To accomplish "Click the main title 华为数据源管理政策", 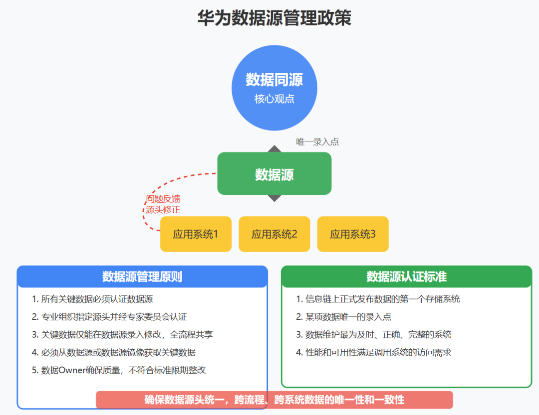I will (x=274, y=18).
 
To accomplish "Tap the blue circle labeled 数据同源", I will (x=274, y=87).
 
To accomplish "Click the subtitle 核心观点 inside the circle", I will (x=274, y=99).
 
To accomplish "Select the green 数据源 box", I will (x=274, y=174).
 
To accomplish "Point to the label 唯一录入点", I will (x=317, y=142).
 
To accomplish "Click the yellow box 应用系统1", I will (x=196, y=234).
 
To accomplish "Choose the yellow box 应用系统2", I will (x=274, y=234).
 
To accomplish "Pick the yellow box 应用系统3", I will (x=352, y=234).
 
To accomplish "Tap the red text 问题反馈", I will (x=163, y=199).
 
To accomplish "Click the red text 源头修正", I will (x=163, y=210).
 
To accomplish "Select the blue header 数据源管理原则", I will (x=142, y=277).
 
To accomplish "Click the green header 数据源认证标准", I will (x=406, y=277).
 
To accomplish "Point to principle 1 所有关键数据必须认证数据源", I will (x=92, y=299).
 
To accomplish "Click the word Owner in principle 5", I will (x=74, y=370).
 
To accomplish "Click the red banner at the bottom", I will (x=274, y=400).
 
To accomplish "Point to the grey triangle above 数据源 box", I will (x=274, y=148).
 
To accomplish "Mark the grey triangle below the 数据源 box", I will (x=274, y=198).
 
